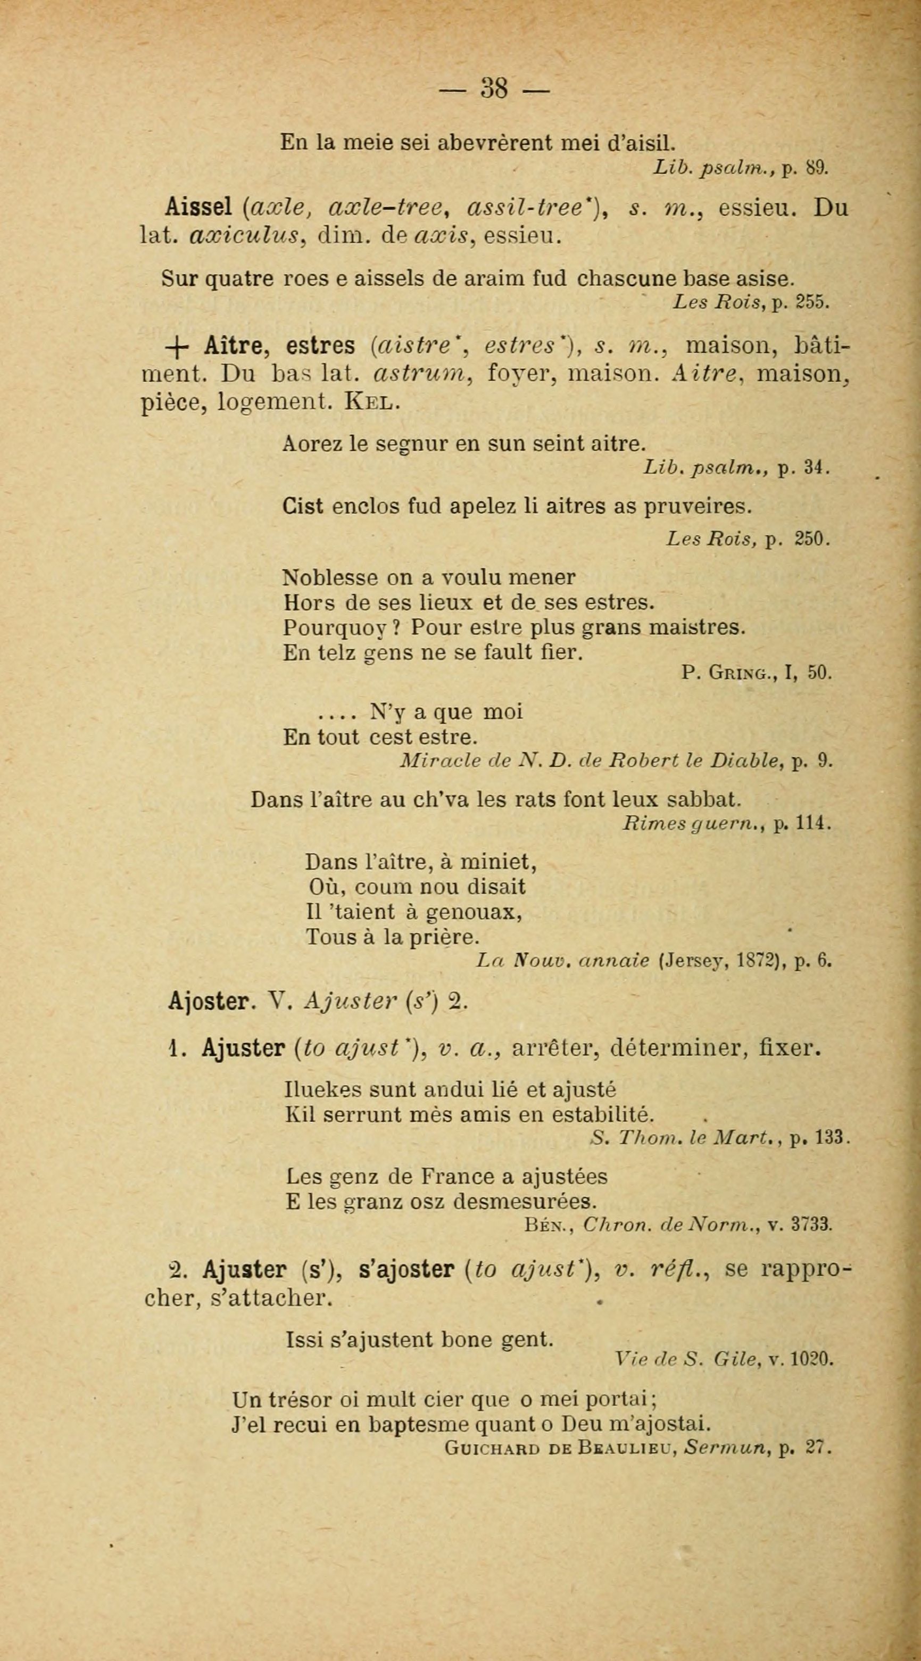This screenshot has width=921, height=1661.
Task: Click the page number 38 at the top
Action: [494, 88]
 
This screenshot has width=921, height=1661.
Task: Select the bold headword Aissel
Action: [198, 208]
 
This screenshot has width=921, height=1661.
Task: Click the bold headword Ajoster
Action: [208, 1002]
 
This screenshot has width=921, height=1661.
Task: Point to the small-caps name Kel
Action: [372, 401]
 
